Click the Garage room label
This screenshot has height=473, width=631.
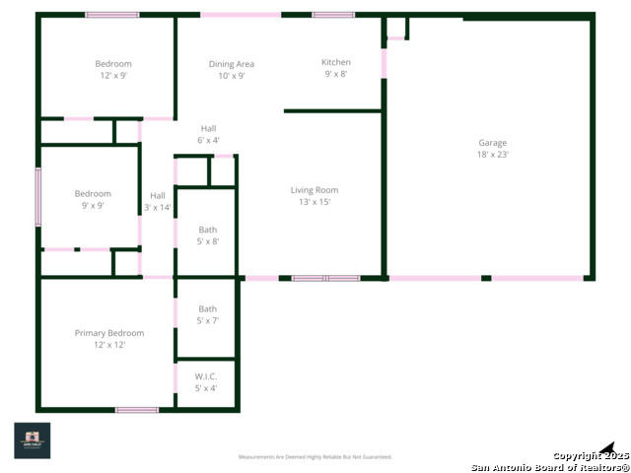(x=493, y=143)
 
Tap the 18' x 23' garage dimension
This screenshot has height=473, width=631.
(x=493, y=155)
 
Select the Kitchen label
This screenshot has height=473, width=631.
(x=336, y=62)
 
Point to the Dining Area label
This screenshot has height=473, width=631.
(x=232, y=64)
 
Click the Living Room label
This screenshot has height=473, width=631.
(x=315, y=190)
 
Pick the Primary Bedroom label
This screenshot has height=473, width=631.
(x=109, y=333)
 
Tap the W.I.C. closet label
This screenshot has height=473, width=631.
(x=206, y=376)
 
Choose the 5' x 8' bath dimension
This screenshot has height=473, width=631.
(x=207, y=241)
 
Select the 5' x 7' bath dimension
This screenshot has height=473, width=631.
(x=207, y=320)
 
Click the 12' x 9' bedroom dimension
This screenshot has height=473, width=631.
(x=113, y=76)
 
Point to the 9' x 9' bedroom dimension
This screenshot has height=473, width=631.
(x=93, y=206)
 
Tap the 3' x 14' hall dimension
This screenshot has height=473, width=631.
(x=158, y=208)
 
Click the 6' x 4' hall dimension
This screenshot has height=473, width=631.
(x=208, y=140)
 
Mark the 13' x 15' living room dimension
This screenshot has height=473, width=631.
(x=315, y=202)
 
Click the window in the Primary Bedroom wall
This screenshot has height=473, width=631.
(x=137, y=409)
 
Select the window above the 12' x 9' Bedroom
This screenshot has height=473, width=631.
(x=111, y=15)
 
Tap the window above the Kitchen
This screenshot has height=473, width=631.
(x=333, y=15)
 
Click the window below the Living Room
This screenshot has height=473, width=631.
(x=326, y=278)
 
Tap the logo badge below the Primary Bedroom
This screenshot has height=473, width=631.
(x=32, y=439)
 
